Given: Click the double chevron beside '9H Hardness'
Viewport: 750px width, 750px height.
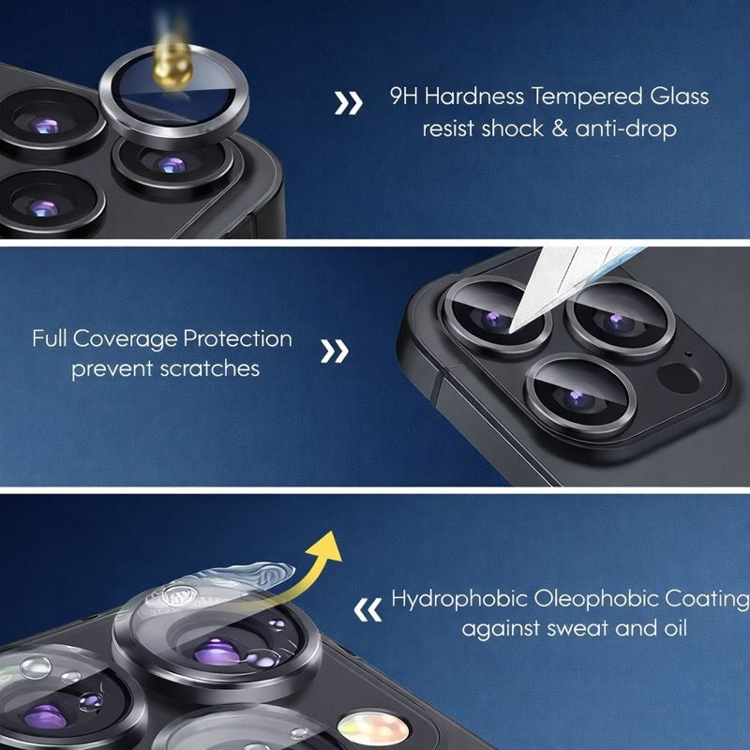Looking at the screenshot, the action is click(348, 103).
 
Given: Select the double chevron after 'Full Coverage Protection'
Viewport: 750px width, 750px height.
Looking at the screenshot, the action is click(335, 351).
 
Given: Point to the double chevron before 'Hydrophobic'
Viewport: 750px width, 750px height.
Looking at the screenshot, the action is click(367, 609).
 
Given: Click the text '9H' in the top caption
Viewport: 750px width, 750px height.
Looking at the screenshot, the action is click(403, 97).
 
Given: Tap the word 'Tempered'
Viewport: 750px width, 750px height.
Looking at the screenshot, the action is click(588, 97).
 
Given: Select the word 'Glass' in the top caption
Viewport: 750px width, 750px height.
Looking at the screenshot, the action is click(679, 97).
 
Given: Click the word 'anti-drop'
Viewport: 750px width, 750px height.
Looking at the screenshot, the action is click(625, 128).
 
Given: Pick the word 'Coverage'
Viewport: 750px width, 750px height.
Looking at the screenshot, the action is click(125, 340).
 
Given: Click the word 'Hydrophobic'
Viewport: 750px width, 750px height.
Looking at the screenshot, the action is click(459, 599).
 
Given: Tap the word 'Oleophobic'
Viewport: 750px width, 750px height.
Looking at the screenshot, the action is click(596, 599).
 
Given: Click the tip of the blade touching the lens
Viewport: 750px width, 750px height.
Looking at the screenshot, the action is click(511, 331).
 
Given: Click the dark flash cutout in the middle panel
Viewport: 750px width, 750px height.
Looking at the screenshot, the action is click(679, 378).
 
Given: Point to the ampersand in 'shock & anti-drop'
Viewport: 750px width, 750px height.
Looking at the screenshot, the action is click(560, 128).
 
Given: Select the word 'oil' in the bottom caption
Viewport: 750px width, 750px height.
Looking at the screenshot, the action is click(675, 627).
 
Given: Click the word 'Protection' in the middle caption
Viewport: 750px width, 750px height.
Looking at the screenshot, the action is click(238, 339).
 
